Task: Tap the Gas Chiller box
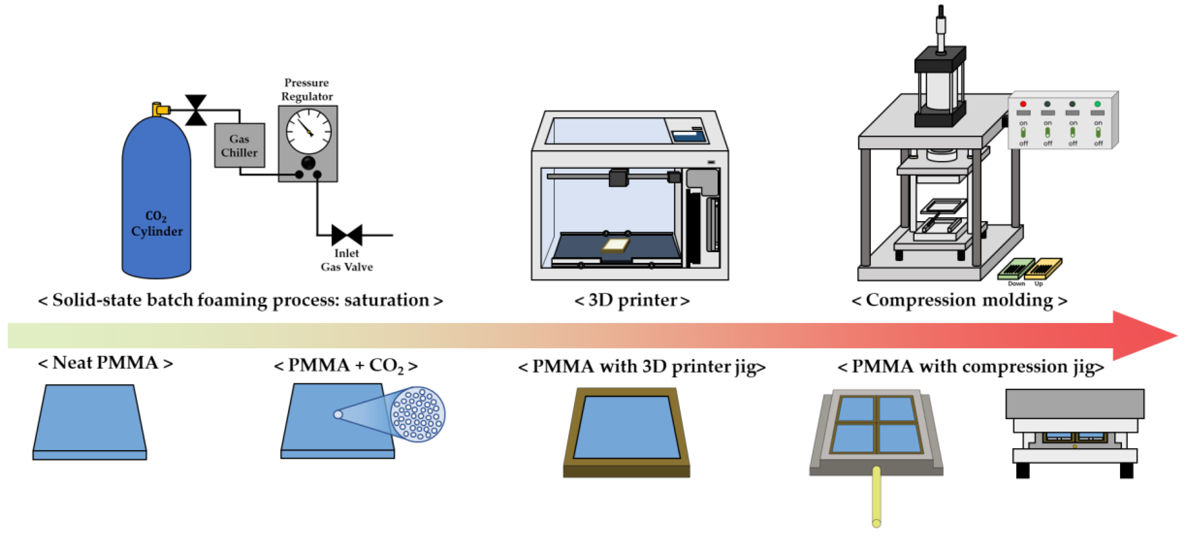(x=239, y=145)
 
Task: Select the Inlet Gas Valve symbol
(x=347, y=235)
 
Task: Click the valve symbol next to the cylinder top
(x=196, y=110)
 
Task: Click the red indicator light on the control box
(x=1023, y=104)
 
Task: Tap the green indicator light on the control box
(x=1097, y=104)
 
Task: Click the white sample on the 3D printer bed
(x=616, y=246)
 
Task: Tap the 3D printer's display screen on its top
(x=688, y=135)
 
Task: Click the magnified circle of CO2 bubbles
(x=418, y=414)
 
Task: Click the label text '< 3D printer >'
(x=632, y=300)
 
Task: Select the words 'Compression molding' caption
(x=959, y=300)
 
